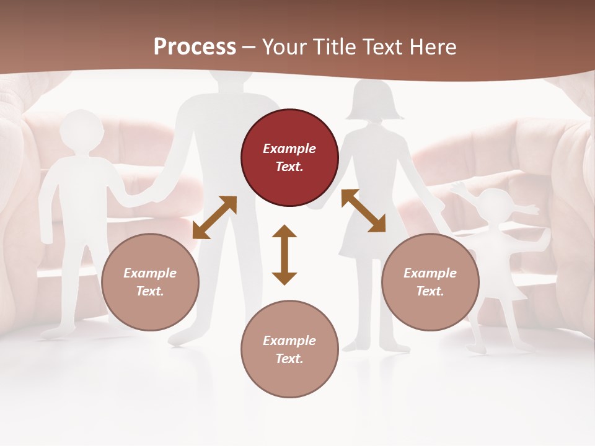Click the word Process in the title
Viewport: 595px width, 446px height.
click(x=195, y=47)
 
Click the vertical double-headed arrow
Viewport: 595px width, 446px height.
click(x=284, y=255)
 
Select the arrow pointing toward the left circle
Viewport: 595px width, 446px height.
click(x=214, y=217)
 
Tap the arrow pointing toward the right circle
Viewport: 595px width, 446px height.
click(x=363, y=211)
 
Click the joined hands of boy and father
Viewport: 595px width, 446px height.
click(x=149, y=197)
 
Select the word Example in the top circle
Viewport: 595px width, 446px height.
click(x=289, y=149)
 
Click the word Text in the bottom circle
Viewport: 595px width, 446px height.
click(x=289, y=359)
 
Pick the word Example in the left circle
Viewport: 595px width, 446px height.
click(x=150, y=273)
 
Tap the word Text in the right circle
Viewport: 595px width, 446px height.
click(x=430, y=291)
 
